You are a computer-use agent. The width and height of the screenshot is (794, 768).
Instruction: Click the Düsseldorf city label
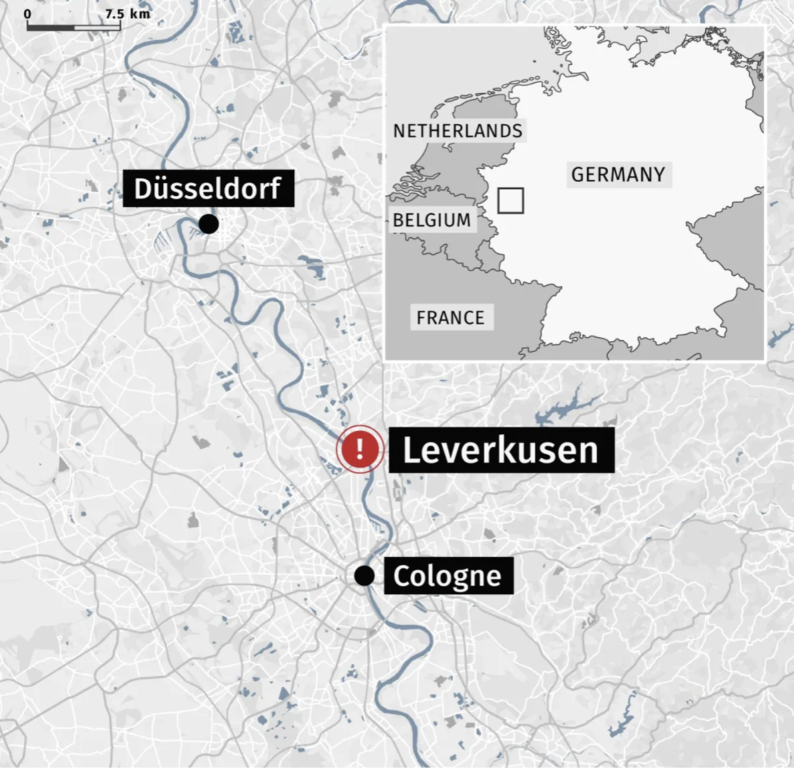pos(208,188)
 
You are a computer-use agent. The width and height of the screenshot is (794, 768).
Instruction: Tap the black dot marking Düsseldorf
pos(208,224)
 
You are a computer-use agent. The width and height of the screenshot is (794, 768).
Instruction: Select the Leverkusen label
pos(501,449)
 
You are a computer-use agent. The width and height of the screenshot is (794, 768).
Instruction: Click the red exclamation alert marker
pos(360,448)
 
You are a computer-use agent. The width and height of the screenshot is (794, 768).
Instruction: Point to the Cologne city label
pos(447,576)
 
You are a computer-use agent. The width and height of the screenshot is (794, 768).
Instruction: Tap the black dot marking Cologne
pos(364,575)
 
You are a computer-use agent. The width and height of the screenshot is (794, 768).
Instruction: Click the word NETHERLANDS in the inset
pos(457,131)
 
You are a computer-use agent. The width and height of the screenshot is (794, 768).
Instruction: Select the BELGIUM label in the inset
pos(431,220)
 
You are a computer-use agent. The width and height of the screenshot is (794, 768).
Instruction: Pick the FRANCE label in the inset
pos(450,317)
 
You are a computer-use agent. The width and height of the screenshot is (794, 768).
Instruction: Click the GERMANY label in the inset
pos(618,174)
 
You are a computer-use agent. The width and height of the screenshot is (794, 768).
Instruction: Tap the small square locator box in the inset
pos(510,200)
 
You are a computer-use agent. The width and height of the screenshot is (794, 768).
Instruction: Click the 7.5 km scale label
pos(127,14)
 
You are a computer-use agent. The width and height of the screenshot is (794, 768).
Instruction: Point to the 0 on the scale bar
pos(28,14)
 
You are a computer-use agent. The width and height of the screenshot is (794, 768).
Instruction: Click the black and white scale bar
pos(74,27)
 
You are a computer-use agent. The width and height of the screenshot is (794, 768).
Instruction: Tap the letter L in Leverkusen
pos(411,450)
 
